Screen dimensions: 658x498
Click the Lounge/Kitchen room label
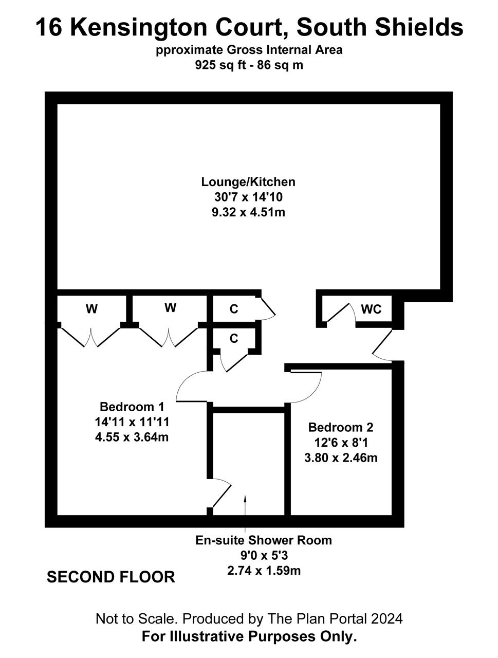(x=248, y=182)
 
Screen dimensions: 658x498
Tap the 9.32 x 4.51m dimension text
(x=248, y=212)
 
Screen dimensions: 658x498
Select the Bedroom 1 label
(x=132, y=407)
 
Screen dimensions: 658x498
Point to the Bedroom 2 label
(x=341, y=427)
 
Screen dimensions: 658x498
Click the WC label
(x=371, y=309)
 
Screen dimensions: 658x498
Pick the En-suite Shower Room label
(x=264, y=540)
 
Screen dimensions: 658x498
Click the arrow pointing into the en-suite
(x=245, y=509)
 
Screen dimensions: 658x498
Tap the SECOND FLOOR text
(x=111, y=577)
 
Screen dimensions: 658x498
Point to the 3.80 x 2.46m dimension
(x=341, y=458)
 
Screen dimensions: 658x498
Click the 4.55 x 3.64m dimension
(x=132, y=437)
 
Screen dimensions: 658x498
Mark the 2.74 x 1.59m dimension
(x=264, y=571)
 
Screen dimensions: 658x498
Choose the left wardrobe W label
(x=91, y=309)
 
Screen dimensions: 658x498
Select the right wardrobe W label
(x=170, y=308)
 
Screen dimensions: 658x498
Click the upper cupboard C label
(x=234, y=309)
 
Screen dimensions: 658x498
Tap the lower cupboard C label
(x=234, y=339)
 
